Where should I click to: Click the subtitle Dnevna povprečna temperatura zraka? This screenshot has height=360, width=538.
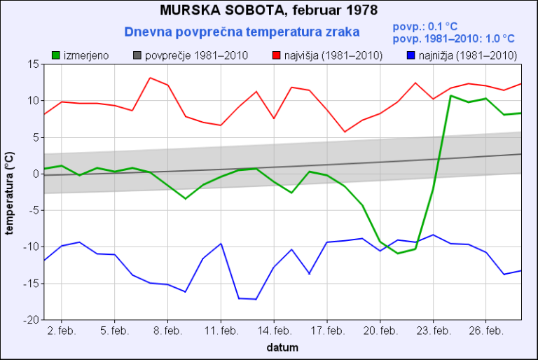(242, 32)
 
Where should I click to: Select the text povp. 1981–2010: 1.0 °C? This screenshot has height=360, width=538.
(454, 39)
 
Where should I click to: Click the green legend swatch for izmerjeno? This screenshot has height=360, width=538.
(56, 55)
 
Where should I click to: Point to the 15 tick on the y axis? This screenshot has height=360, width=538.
(32, 64)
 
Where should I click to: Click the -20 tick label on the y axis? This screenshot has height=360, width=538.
(30, 320)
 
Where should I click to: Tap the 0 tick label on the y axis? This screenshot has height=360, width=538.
(34, 174)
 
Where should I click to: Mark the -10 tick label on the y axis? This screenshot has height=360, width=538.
(30, 247)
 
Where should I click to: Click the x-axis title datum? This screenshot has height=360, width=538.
(282, 347)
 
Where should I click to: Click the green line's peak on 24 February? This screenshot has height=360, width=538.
(451, 95)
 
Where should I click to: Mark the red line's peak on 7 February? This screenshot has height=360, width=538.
(150, 78)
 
